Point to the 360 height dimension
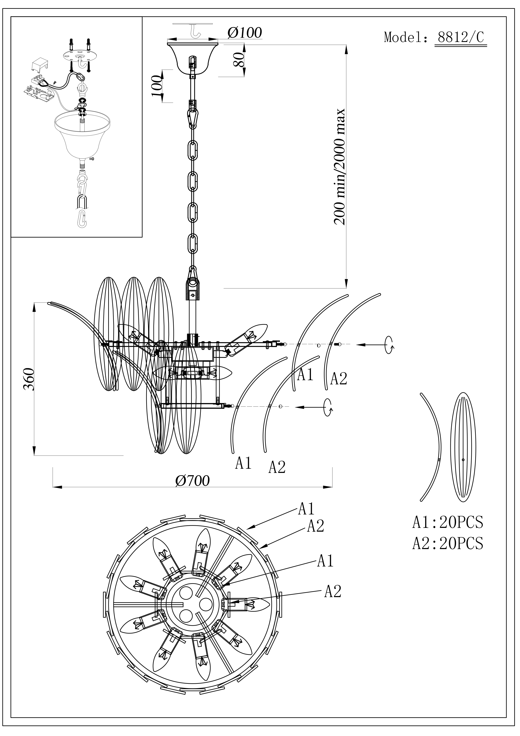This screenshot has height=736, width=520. (x=29, y=379)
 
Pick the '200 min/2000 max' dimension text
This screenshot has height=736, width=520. (x=340, y=167)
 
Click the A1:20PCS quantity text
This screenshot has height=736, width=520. (x=447, y=522)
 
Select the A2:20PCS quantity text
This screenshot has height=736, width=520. (x=447, y=543)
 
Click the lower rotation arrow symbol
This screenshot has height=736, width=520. (x=328, y=407)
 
